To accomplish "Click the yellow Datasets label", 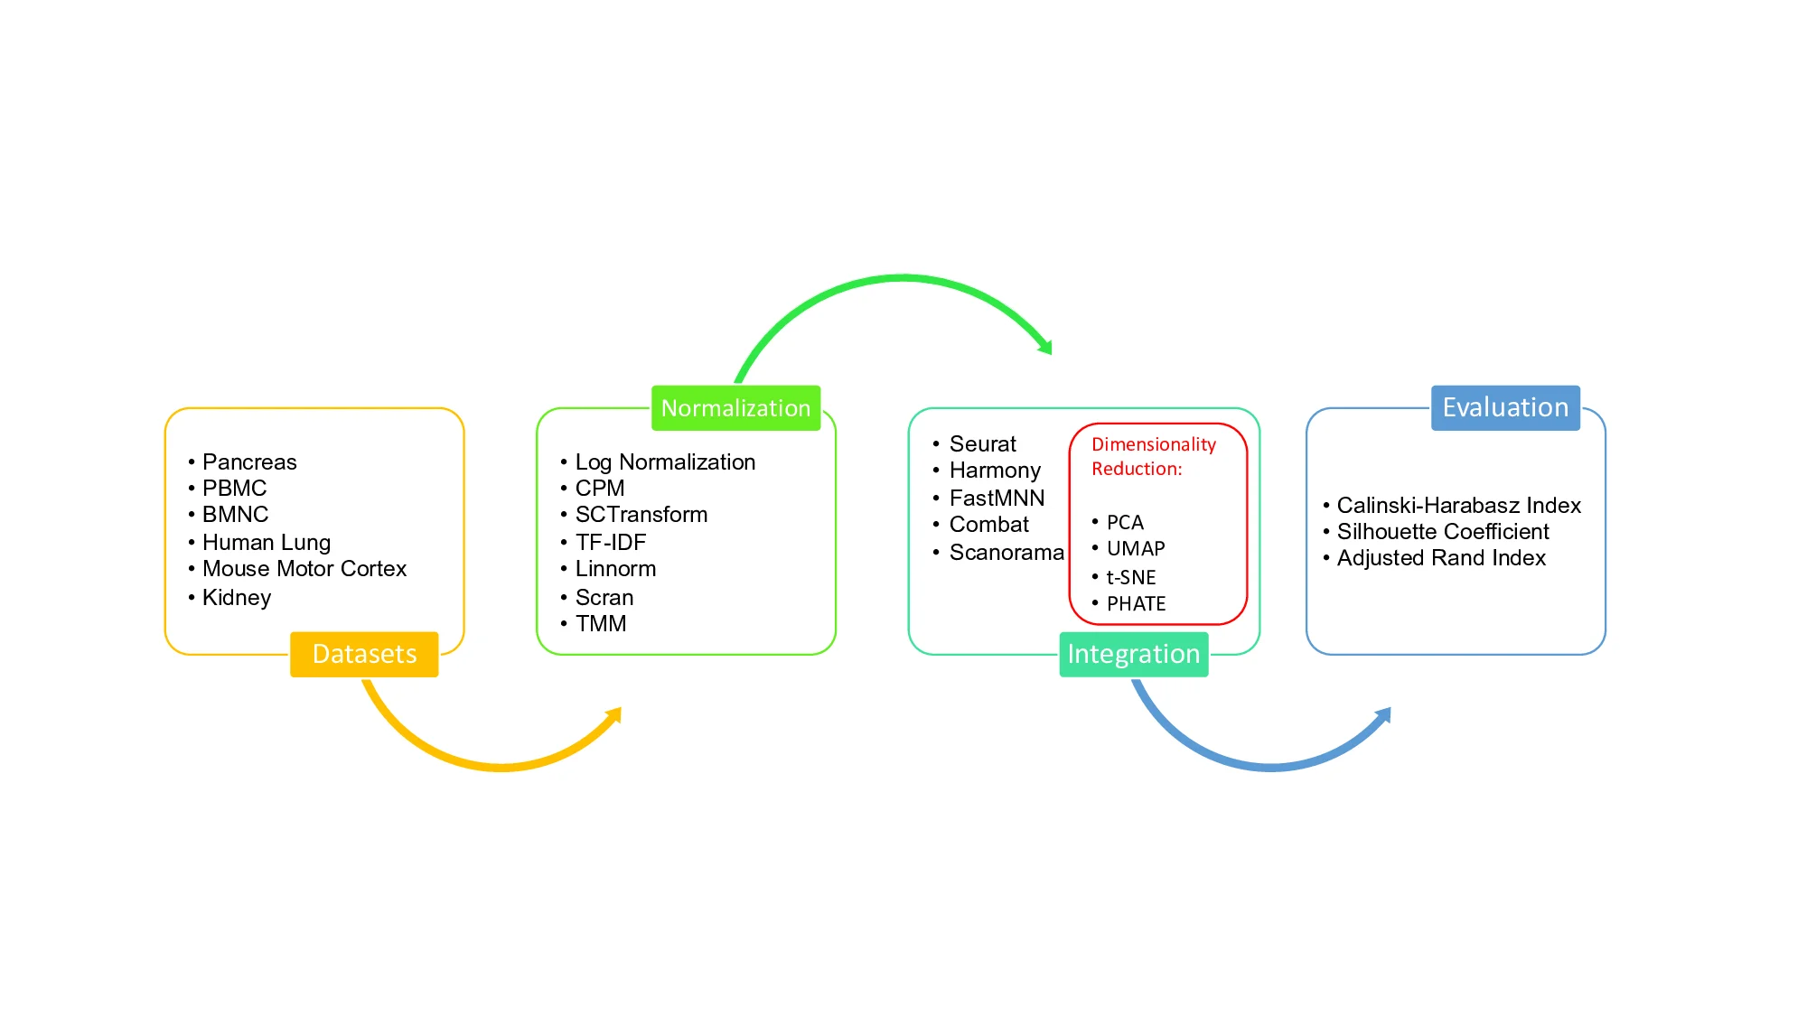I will (x=364, y=654).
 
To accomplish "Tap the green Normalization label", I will (x=735, y=408).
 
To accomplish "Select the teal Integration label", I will (x=1133, y=654).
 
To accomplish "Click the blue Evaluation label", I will (x=1505, y=407).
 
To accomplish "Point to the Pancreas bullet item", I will (x=249, y=462).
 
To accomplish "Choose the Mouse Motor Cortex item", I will (x=304, y=569).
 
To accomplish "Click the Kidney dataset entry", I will (x=237, y=598).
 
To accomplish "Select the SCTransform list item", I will (x=641, y=515).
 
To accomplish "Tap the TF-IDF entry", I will (x=611, y=543).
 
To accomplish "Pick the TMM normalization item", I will (x=601, y=624).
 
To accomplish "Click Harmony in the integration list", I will (x=995, y=471).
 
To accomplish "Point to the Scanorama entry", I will (x=1006, y=553).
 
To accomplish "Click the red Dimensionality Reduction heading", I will (x=1153, y=456).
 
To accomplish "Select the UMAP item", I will (x=1136, y=549).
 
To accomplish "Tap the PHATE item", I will (x=1137, y=604).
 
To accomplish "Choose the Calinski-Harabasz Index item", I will (x=1458, y=506).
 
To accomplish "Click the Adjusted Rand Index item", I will (x=1441, y=558).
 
